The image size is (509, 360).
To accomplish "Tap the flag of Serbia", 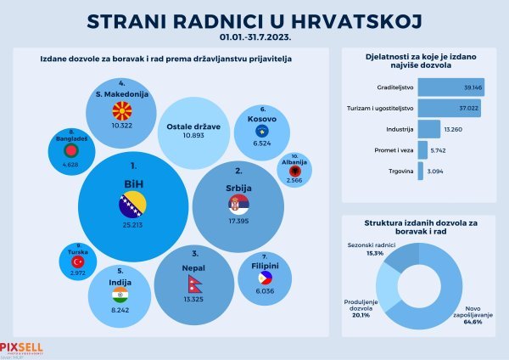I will coord(233,205).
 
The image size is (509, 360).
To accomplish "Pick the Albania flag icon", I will coord(294,172).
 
